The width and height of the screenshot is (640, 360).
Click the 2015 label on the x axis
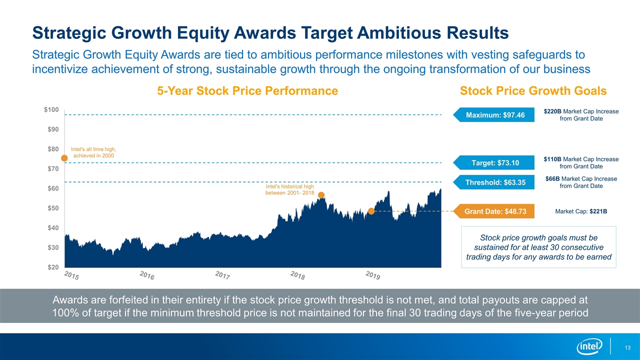[72, 275]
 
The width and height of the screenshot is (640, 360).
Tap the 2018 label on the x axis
[298, 275]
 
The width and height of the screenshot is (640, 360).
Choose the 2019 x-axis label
[373, 275]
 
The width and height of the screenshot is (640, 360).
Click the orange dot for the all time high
[64, 158]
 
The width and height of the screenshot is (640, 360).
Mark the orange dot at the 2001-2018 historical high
[321, 195]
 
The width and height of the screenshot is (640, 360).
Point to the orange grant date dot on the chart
[371, 211]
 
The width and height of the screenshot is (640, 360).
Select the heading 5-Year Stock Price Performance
[247, 91]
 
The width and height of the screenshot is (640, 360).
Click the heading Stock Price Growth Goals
[533, 91]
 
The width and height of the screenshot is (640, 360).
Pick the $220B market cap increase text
[581, 115]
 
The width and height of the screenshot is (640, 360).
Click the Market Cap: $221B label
[581, 211]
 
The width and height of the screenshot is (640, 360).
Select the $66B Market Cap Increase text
[581, 182]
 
